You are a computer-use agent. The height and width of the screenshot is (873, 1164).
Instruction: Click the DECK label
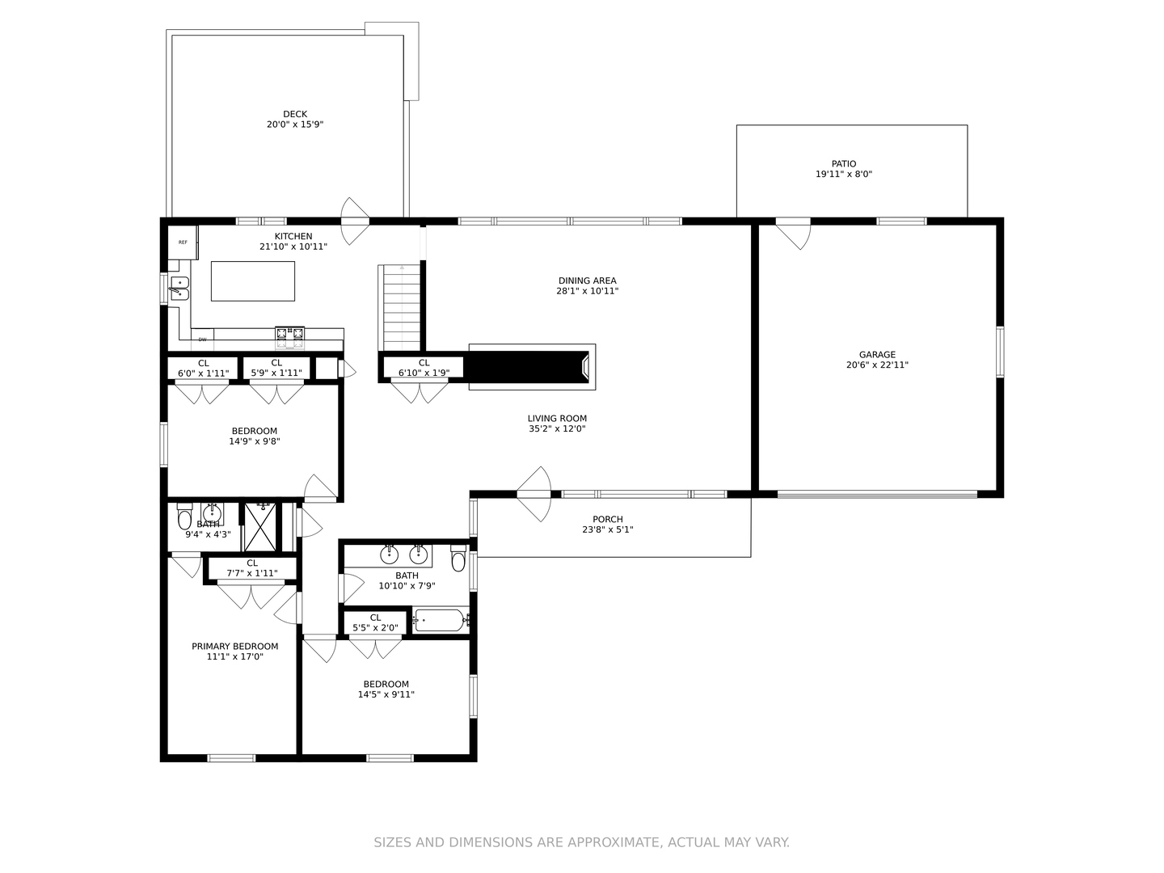[295, 114]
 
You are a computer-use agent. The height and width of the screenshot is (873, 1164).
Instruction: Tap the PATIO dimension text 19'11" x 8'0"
[844, 174]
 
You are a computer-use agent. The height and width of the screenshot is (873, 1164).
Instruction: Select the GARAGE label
[877, 355]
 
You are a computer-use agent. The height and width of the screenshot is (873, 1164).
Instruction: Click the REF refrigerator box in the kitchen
[183, 242]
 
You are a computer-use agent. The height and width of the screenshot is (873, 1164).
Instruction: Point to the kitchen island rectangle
[253, 281]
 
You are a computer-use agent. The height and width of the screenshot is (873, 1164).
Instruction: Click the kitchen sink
[179, 289]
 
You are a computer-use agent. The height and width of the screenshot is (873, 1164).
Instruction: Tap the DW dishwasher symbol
[203, 339]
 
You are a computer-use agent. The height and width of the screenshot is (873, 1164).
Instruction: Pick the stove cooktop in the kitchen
[290, 338]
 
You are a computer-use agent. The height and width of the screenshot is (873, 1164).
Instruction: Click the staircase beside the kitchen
[402, 307]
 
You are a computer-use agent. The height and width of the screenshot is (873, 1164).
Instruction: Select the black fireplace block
[528, 367]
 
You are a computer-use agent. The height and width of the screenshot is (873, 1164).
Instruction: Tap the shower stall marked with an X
[259, 527]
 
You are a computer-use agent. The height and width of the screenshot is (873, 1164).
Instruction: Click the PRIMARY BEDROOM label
[235, 646]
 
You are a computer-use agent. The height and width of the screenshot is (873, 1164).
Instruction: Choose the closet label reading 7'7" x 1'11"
[252, 573]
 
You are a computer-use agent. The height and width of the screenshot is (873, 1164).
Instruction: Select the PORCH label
[608, 519]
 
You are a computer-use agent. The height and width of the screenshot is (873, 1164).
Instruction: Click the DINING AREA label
[588, 280]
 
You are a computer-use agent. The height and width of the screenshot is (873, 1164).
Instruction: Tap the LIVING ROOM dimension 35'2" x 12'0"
[557, 428]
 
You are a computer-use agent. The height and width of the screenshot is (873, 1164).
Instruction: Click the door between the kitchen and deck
[354, 221]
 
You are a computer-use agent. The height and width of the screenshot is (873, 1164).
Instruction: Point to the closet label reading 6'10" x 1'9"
[424, 373]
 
